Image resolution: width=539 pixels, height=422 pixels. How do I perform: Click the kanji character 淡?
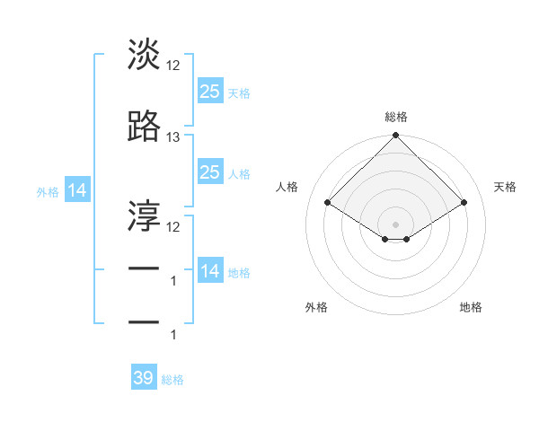(144, 55)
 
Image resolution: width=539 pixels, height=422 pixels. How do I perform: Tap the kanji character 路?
(144, 127)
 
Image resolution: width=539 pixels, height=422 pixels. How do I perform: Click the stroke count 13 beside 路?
(173, 137)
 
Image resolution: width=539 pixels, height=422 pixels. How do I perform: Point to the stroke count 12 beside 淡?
(173, 66)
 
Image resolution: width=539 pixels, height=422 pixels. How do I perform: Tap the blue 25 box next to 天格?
(209, 91)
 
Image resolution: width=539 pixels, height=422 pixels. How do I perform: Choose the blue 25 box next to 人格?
(209, 172)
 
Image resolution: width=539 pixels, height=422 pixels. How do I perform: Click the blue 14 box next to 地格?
(209, 271)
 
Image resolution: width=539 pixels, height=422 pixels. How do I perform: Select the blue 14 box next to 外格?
(76, 190)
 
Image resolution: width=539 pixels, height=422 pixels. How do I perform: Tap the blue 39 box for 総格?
(144, 378)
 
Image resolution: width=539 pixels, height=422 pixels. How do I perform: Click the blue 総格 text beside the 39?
(172, 380)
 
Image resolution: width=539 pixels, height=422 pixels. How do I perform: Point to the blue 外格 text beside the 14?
(47, 191)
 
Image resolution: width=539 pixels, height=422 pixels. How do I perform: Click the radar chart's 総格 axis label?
(395, 117)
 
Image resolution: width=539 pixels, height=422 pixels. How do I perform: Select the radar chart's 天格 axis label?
(506, 187)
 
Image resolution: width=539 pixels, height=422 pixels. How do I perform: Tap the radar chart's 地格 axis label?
(471, 307)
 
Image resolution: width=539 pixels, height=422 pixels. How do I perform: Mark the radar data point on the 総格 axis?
(395, 136)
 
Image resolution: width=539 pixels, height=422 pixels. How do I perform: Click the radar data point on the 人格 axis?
(328, 202)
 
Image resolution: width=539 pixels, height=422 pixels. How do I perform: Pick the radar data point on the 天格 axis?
(464, 202)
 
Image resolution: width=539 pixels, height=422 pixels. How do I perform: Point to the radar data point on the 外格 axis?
(384, 239)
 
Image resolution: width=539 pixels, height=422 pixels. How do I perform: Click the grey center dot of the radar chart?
(395, 224)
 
